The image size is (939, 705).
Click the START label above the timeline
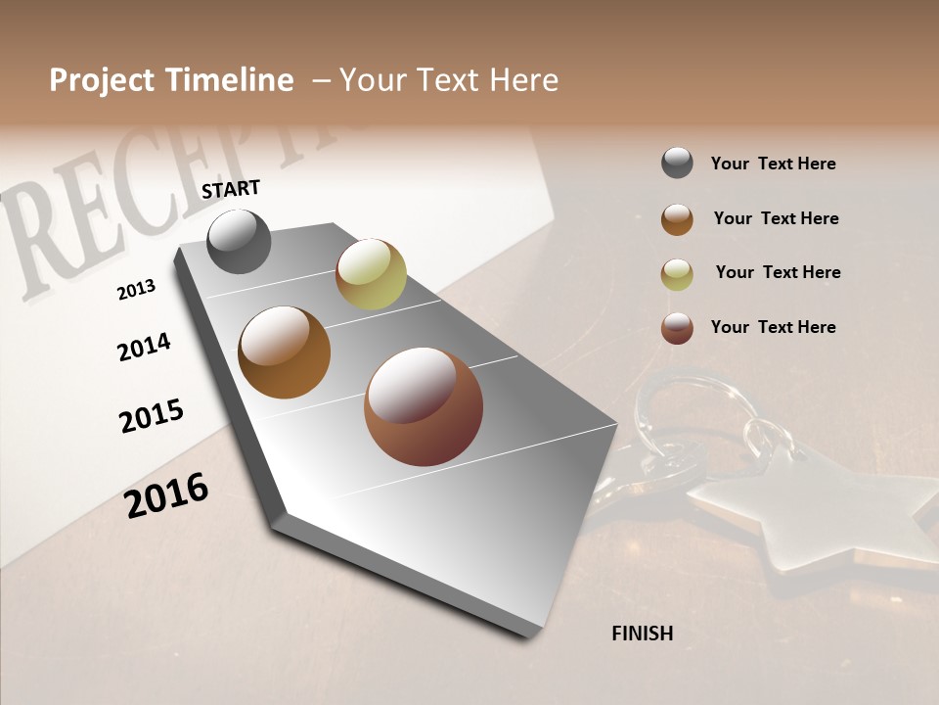(x=231, y=189)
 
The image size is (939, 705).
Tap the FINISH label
(x=643, y=634)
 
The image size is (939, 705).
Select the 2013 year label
(x=136, y=290)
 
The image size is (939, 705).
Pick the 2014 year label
(x=144, y=347)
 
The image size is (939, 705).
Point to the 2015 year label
(x=152, y=415)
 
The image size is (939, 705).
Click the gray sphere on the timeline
(x=239, y=241)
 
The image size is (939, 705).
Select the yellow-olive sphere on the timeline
(x=371, y=273)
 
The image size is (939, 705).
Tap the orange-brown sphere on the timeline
(x=284, y=352)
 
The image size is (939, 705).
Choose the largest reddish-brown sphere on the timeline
(x=424, y=406)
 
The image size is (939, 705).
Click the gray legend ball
(x=677, y=164)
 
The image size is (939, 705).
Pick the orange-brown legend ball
(x=677, y=219)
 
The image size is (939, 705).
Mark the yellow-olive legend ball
(x=677, y=274)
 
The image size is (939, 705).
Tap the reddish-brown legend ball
(x=677, y=328)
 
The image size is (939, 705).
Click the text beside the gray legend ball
(x=773, y=164)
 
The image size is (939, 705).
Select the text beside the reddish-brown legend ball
(x=773, y=327)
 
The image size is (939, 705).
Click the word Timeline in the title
(x=230, y=80)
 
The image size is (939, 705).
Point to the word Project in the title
(x=102, y=80)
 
